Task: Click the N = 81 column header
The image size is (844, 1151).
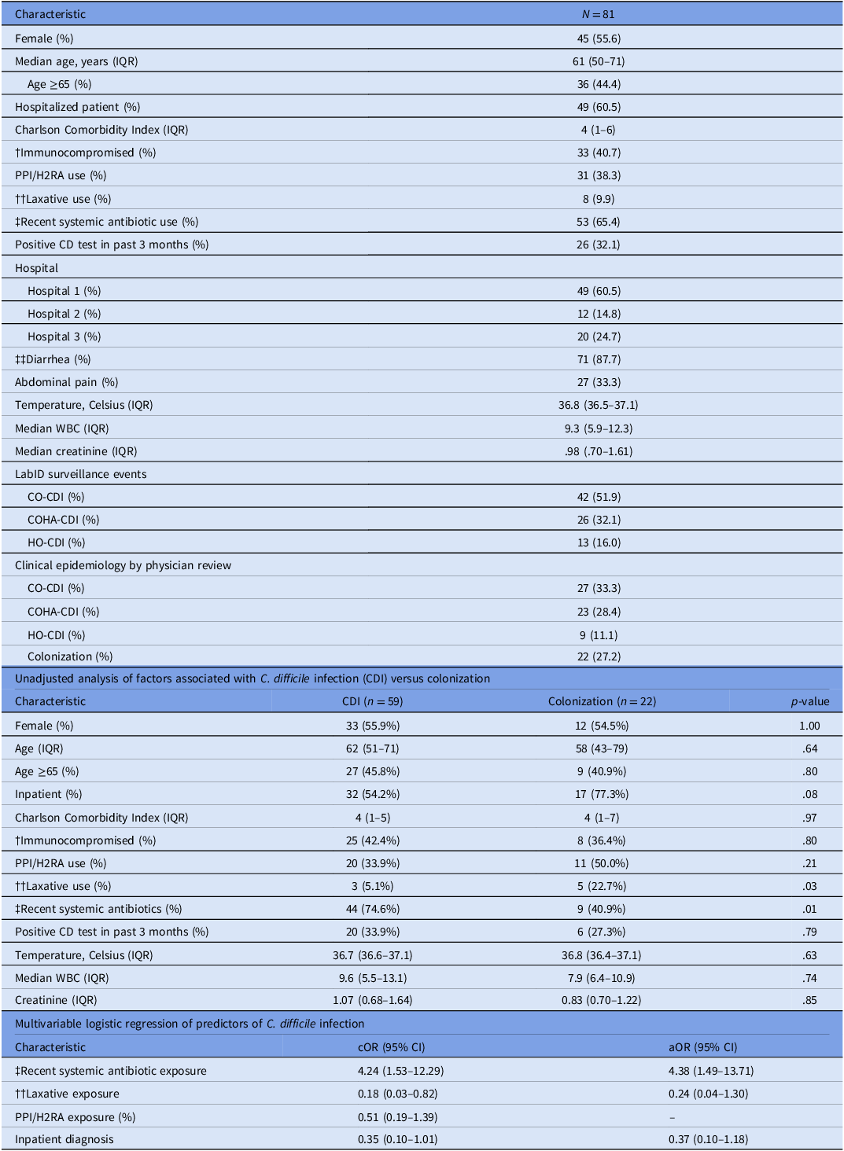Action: coord(599,14)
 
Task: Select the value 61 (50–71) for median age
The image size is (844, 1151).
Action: coord(599,61)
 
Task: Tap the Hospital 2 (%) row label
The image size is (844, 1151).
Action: coord(64,314)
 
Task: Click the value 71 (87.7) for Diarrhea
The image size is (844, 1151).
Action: coord(599,359)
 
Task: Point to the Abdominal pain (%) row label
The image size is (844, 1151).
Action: coord(66,382)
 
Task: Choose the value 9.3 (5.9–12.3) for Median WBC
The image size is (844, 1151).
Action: coord(599,428)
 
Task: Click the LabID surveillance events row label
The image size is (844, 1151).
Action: coord(81,474)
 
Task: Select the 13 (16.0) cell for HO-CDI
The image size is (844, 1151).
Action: coord(599,542)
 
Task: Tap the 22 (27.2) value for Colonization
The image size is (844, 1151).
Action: coord(599,656)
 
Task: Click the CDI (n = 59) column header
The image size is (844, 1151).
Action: coord(373,701)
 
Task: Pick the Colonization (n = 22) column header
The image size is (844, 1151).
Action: coord(602,701)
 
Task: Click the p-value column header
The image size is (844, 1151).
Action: coord(810,701)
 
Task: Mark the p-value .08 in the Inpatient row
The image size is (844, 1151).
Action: coord(810,794)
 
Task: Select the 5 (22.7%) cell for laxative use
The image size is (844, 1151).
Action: coord(602,886)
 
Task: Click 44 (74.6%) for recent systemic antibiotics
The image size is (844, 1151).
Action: coord(373,909)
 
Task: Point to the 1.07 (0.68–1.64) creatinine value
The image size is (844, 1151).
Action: coord(373,1000)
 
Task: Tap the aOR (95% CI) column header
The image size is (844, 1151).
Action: coord(702,1047)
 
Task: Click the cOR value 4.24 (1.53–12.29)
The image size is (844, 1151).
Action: coord(401,1071)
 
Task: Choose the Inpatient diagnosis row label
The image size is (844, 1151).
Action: coord(64,1139)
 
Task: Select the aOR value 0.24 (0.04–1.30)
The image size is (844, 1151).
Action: coord(708,1094)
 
